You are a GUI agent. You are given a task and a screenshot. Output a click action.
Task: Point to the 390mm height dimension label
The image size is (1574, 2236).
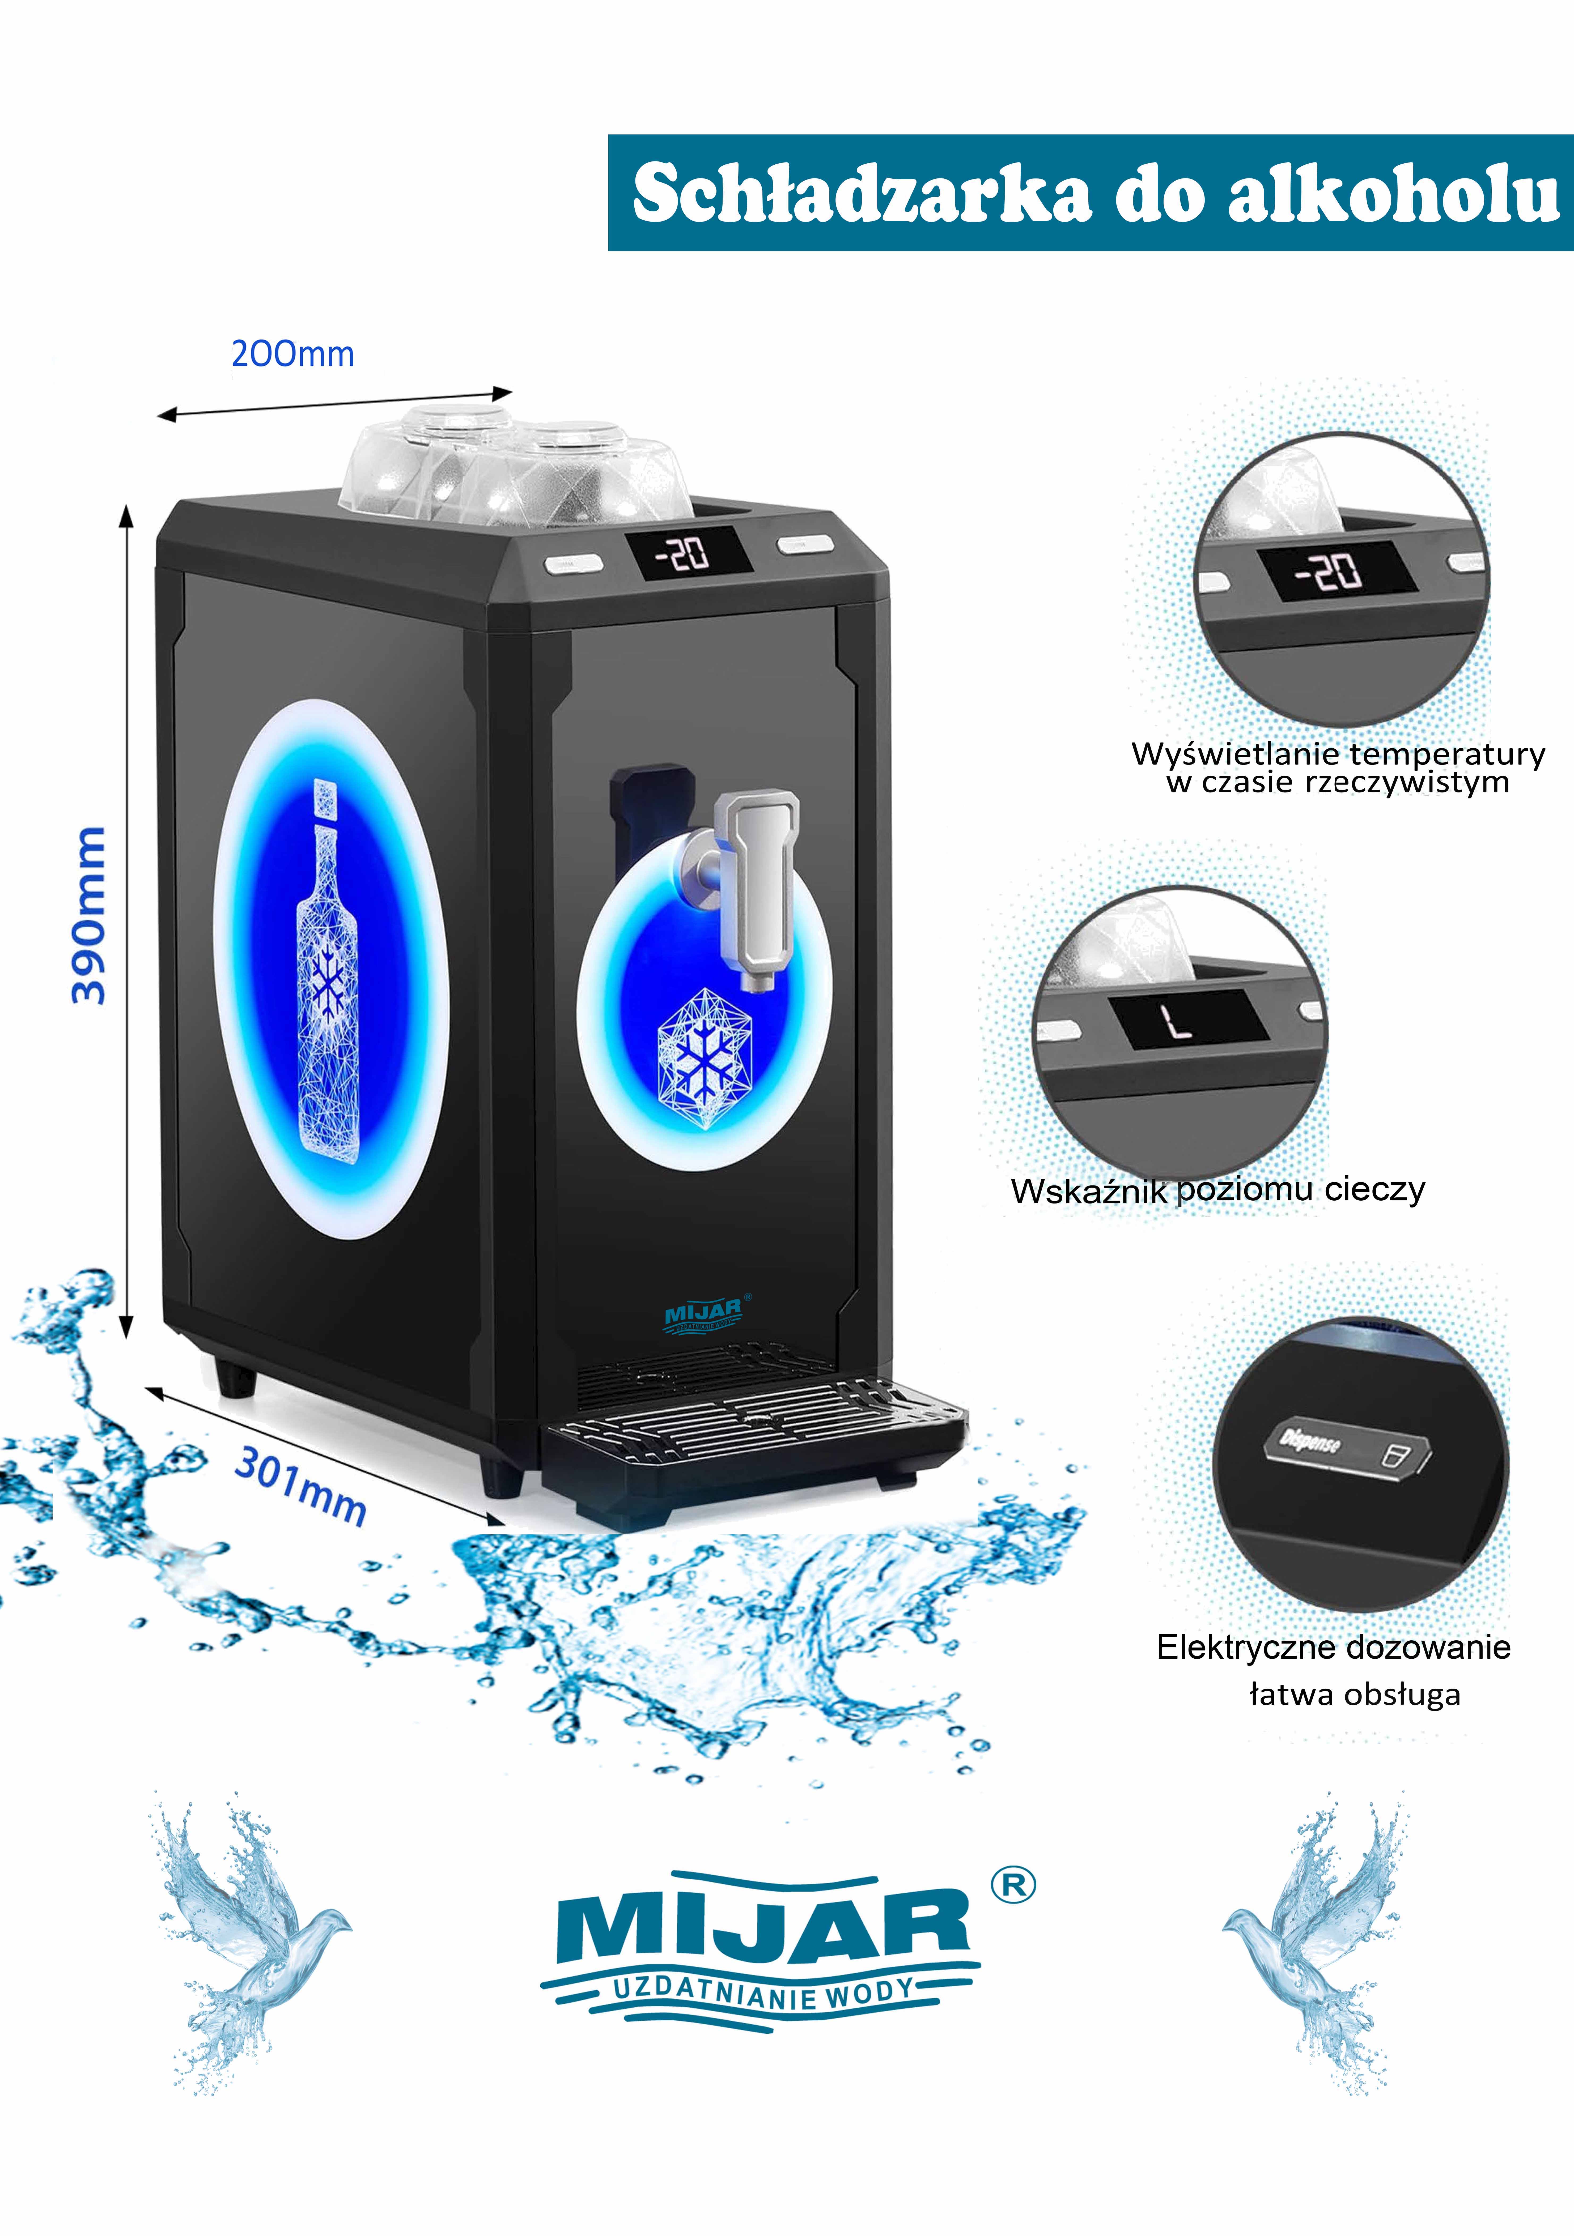point(90,915)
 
